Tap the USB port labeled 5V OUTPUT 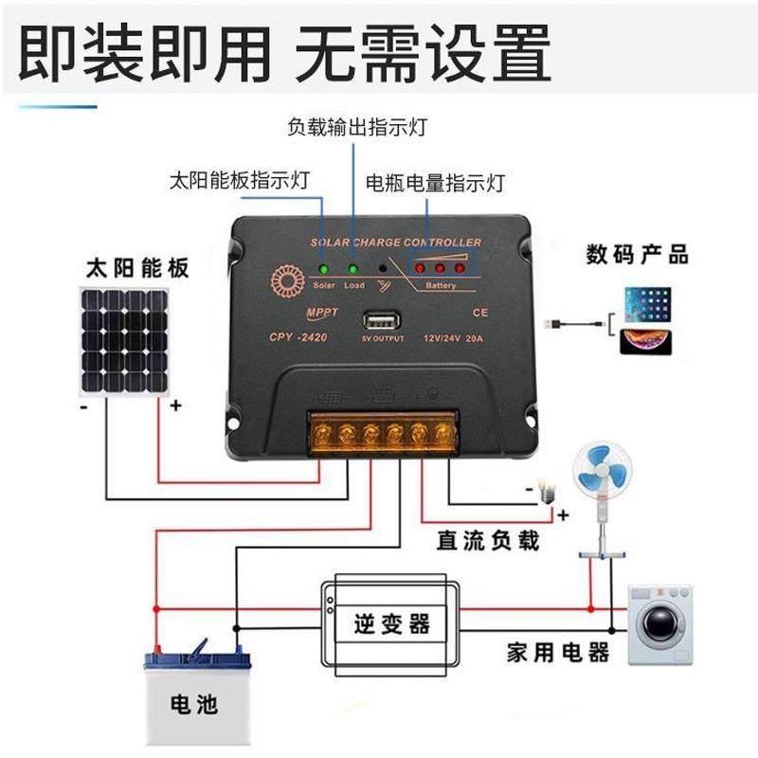click(382, 320)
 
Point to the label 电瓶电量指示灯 click(435, 181)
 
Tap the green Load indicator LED click(353, 270)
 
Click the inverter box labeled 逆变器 click(390, 624)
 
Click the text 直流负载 click(488, 541)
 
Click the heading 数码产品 click(637, 254)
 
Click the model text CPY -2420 click(297, 335)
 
